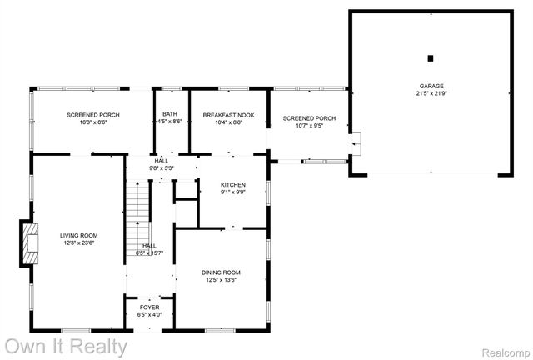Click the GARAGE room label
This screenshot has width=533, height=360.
coord(431,86)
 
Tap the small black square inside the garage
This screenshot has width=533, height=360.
coord(431,57)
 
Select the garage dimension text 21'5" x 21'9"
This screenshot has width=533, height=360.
coord(431,93)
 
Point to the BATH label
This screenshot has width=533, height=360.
coord(170,114)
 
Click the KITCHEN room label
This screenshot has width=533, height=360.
coord(232,184)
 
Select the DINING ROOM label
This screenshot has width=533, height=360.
coord(221,272)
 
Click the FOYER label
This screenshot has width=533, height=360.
coord(149,307)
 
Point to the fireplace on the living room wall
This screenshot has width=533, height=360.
coord(32,243)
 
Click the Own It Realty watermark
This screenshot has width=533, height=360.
coord(66,344)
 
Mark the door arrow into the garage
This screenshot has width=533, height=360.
coord(356,144)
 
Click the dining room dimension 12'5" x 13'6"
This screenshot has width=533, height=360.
coord(221,280)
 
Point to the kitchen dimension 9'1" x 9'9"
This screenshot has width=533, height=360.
coord(232,192)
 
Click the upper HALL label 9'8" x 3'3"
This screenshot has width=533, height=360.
coord(161,165)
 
